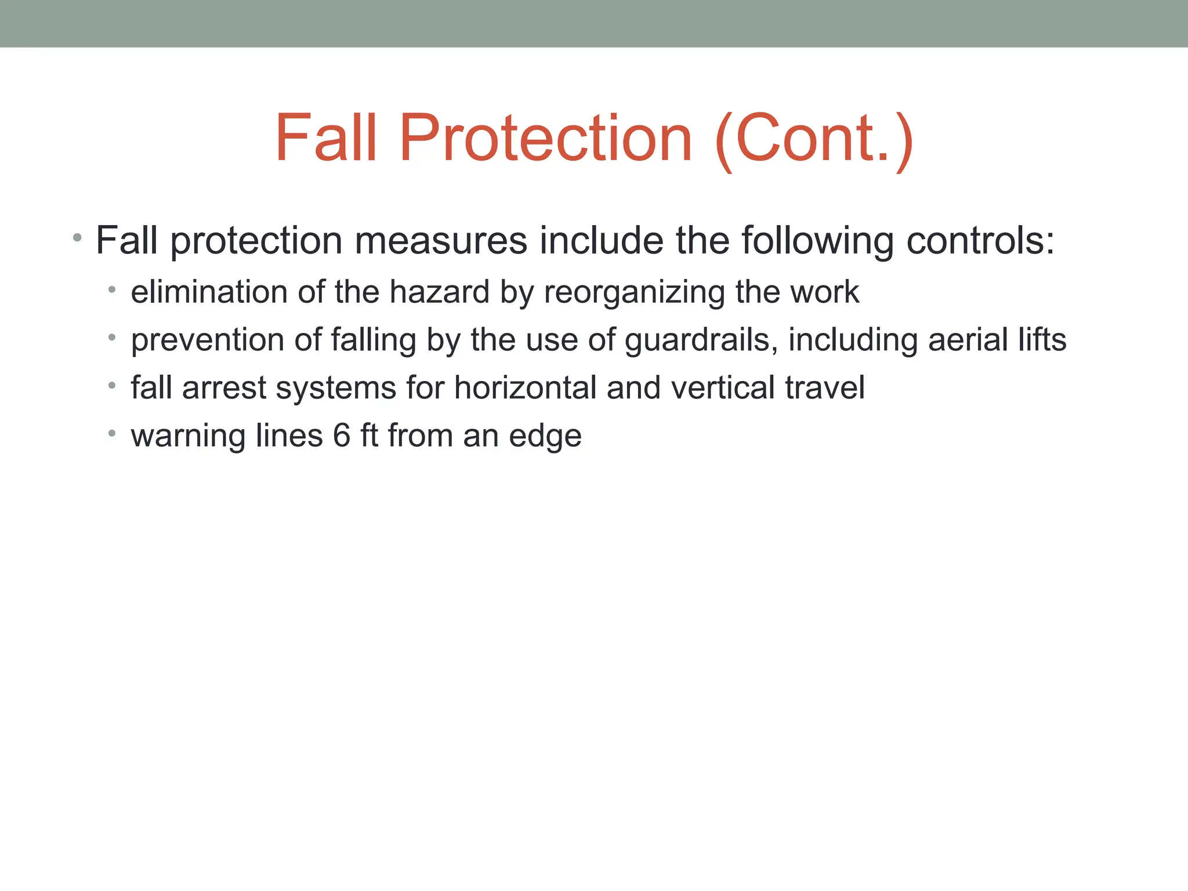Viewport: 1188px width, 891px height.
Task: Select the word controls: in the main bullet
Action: [980, 240]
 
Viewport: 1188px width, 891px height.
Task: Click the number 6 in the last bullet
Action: [342, 436]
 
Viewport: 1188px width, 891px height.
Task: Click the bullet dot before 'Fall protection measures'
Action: [77, 237]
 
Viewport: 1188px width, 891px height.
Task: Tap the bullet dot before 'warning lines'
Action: [112, 433]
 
